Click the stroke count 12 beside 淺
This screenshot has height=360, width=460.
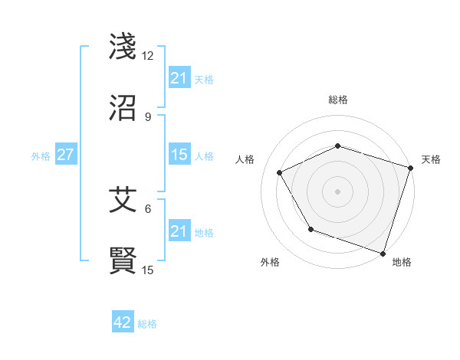(x=147, y=56)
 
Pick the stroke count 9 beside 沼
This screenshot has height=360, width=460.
(x=147, y=117)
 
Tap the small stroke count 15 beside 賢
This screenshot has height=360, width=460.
(x=148, y=270)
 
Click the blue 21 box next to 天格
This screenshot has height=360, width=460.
(x=179, y=78)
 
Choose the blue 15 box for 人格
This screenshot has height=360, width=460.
(x=179, y=155)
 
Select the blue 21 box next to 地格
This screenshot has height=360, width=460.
(x=179, y=231)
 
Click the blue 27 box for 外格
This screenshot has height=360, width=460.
(x=65, y=155)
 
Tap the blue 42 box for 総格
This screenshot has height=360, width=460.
(x=122, y=322)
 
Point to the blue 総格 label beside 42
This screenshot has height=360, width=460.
(x=147, y=324)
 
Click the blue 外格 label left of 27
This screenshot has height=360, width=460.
(x=41, y=155)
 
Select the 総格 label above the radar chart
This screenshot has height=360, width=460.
(x=338, y=100)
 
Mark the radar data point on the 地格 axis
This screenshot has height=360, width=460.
(x=383, y=252)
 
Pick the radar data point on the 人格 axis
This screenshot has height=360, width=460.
(x=279, y=172)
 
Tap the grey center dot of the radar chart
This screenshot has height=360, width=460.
(x=337, y=191)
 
